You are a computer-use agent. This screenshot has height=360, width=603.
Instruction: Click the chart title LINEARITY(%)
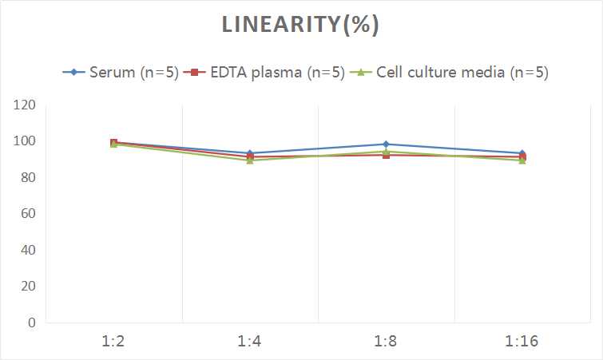300,26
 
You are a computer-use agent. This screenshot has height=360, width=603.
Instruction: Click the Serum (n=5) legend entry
120,73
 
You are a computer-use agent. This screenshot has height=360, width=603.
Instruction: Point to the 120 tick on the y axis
25,105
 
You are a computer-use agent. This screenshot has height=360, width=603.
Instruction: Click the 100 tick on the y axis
25,141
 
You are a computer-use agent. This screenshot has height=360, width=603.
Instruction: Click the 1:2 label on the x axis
113,342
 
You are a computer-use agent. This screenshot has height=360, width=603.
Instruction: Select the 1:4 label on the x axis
250,342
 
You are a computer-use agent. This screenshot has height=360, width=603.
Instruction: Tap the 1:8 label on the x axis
387,342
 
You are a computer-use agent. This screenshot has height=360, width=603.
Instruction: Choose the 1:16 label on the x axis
522,342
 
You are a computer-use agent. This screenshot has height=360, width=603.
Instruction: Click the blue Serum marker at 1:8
387,144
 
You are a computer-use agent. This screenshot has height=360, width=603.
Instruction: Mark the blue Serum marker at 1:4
250,153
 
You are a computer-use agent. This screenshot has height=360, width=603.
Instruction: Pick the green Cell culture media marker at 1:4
250,160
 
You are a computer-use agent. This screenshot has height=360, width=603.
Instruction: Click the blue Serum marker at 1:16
522,153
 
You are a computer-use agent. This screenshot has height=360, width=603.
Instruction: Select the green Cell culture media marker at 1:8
387,152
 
